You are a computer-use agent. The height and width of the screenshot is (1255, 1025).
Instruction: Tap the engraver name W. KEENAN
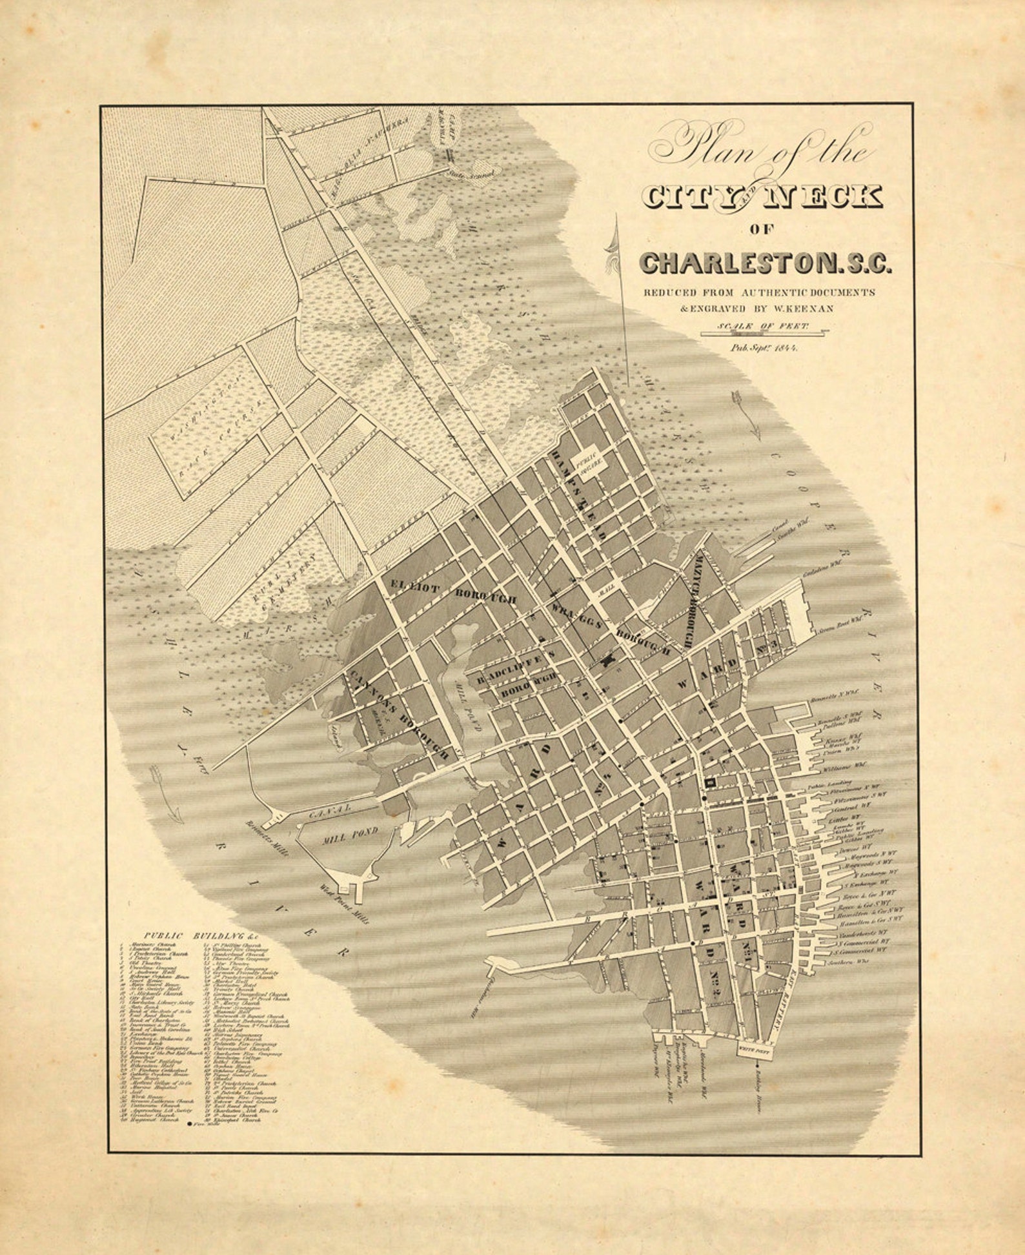click(802, 309)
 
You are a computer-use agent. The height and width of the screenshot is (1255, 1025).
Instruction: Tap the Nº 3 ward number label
click(769, 645)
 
